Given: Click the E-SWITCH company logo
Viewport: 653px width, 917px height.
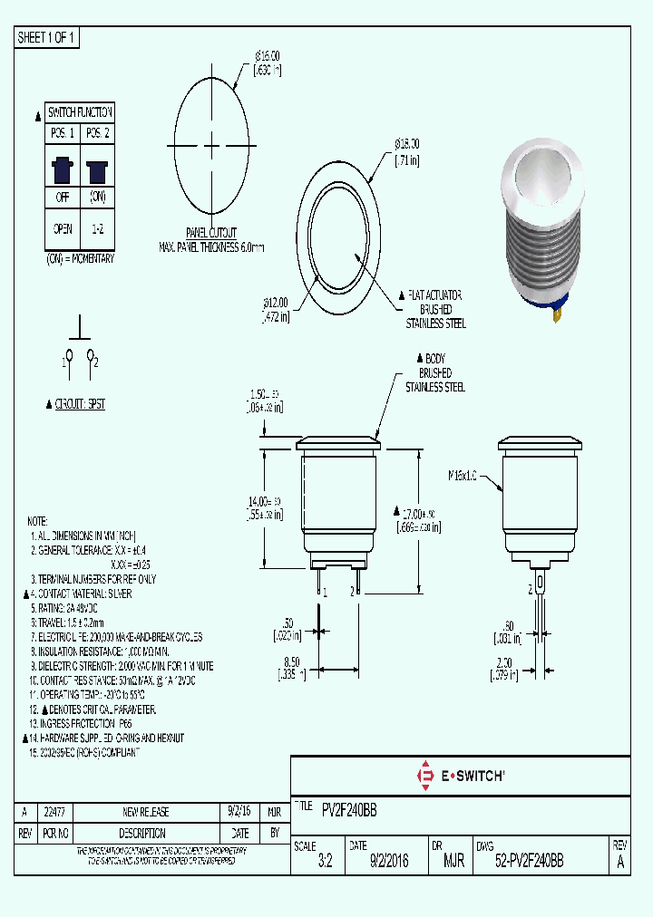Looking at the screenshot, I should coord(460,776).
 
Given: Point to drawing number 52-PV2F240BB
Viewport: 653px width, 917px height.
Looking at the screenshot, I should coord(529,862).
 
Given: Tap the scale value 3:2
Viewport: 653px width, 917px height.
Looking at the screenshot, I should coord(326,862).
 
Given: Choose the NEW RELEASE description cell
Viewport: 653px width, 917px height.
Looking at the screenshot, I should coord(145,812).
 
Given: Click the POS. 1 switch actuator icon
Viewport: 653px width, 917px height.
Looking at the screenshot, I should coord(63,169).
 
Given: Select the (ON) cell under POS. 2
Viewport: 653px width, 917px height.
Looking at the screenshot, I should coord(97,197).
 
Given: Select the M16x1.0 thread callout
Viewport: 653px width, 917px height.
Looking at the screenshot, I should coord(463,475).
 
